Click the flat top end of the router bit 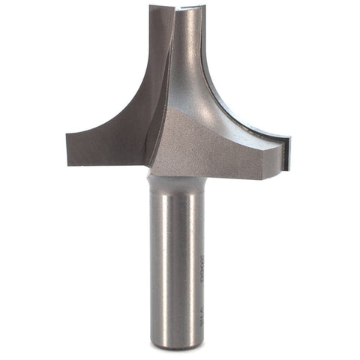[177, 8]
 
